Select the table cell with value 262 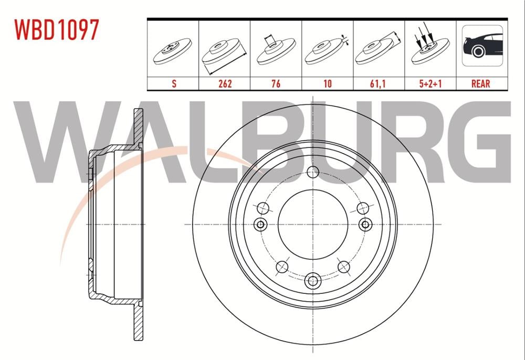[x=224, y=83]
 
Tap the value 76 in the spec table [x=276, y=83]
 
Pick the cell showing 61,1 [x=379, y=83]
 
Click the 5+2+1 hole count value [x=430, y=83]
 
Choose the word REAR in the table [x=481, y=83]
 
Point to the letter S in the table [x=173, y=83]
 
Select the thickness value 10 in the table [x=327, y=83]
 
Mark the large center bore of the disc [x=313, y=224]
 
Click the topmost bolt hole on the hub [x=313, y=172]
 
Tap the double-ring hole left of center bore [x=260, y=225]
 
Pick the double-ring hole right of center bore [x=365, y=225]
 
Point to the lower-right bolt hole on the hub [x=344, y=267]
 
